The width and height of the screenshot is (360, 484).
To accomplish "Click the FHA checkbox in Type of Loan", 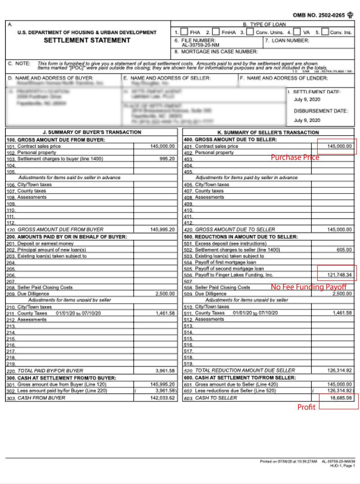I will [x=184, y=32].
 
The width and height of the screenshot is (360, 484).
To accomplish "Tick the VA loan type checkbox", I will [x=297, y=32].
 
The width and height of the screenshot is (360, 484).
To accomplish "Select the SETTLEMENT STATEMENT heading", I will [x=87, y=41].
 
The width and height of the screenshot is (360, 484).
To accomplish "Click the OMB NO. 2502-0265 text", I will [x=319, y=15].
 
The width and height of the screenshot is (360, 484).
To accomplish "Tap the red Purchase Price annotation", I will [x=295, y=158].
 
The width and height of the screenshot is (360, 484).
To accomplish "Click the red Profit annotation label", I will [x=306, y=407].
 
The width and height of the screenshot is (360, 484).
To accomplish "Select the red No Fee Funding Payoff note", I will [x=308, y=287].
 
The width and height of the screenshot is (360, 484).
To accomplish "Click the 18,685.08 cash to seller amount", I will [x=341, y=398].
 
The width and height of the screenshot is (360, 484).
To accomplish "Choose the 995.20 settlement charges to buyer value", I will [x=166, y=159].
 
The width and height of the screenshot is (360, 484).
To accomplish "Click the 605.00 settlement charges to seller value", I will [x=344, y=249].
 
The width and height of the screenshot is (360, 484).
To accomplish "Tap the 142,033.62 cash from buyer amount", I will [x=162, y=398].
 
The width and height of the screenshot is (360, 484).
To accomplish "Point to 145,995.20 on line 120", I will [x=162, y=229].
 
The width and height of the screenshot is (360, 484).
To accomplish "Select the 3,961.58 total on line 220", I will [x=165, y=371].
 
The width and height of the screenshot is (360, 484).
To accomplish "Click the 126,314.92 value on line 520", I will [x=340, y=371].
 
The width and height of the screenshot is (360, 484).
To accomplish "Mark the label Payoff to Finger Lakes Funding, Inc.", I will [x=234, y=275].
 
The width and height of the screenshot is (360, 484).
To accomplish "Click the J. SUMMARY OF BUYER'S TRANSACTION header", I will [x=91, y=132].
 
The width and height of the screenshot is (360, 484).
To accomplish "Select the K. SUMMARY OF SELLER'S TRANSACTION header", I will [x=268, y=132].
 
